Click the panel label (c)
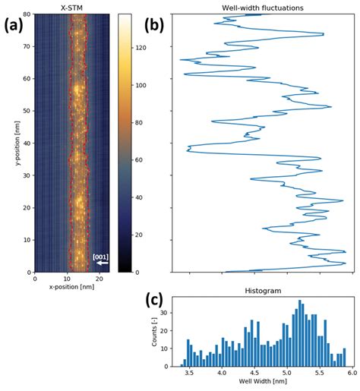click(158, 300)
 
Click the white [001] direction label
click(100, 257)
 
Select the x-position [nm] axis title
click(70, 289)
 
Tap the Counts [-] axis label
click(157, 332)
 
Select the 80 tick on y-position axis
click(26, 14)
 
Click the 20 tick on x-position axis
click(94, 279)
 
